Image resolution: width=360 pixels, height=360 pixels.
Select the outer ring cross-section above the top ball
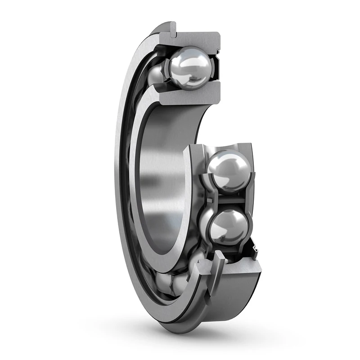tap(198, 40)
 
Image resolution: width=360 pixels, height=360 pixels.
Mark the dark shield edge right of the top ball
tap(216, 67)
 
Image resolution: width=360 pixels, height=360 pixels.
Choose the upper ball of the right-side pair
tap(229, 171)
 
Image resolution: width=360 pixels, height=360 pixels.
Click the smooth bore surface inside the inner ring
tap(166, 180)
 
